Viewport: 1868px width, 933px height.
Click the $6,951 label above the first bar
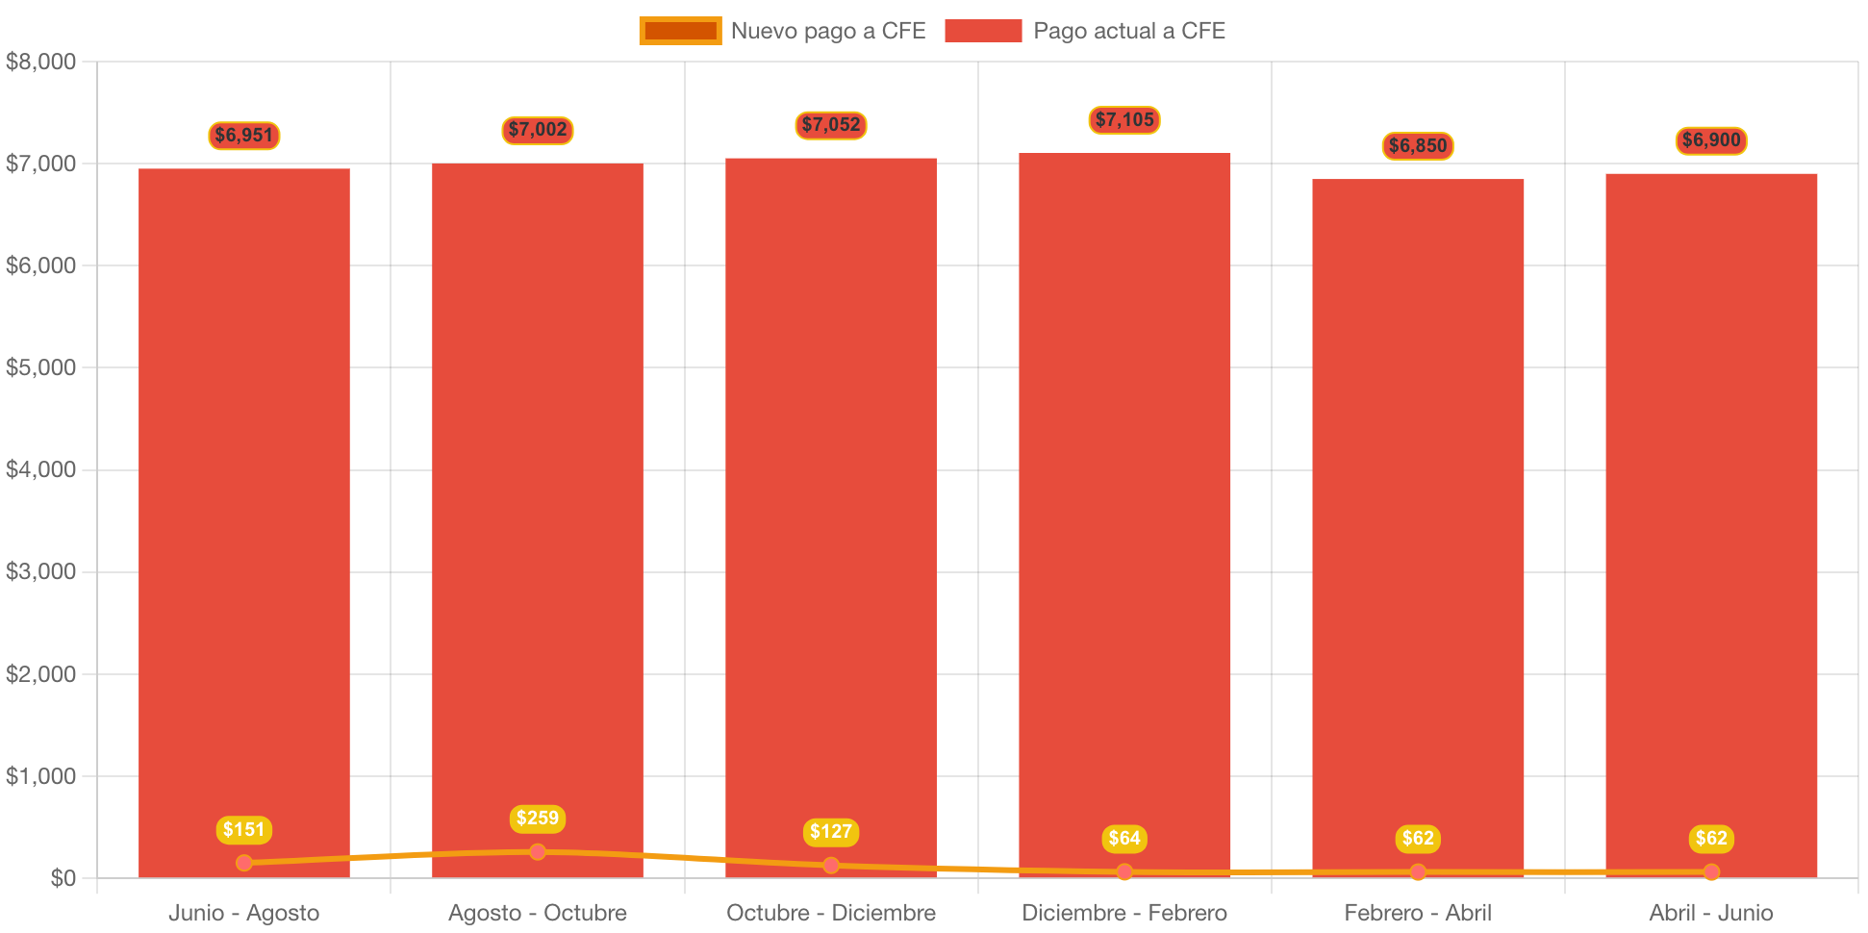click(243, 136)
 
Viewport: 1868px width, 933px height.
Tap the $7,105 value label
click(1123, 120)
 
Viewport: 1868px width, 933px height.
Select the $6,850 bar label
click(1417, 146)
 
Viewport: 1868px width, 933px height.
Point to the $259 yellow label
click(537, 819)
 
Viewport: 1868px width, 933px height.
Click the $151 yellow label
click(243, 830)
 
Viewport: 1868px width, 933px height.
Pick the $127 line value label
click(830, 832)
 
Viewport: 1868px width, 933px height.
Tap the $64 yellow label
click(1123, 839)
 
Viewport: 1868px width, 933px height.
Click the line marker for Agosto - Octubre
click(537, 852)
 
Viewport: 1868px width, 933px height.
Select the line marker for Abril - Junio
click(1710, 872)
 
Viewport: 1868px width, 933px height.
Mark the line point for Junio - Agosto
click(243, 863)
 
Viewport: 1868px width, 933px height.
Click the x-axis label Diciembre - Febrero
click(1123, 913)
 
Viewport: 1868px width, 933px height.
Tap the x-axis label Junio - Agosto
click(243, 913)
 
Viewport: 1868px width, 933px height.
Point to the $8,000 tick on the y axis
click(40, 63)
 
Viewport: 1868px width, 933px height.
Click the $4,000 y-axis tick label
click(40, 470)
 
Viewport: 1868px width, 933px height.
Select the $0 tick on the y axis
click(63, 878)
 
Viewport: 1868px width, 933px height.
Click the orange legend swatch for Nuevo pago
click(679, 31)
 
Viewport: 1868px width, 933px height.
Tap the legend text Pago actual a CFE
click(1128, 31)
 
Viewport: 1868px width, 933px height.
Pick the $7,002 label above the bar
click(537, 130)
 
